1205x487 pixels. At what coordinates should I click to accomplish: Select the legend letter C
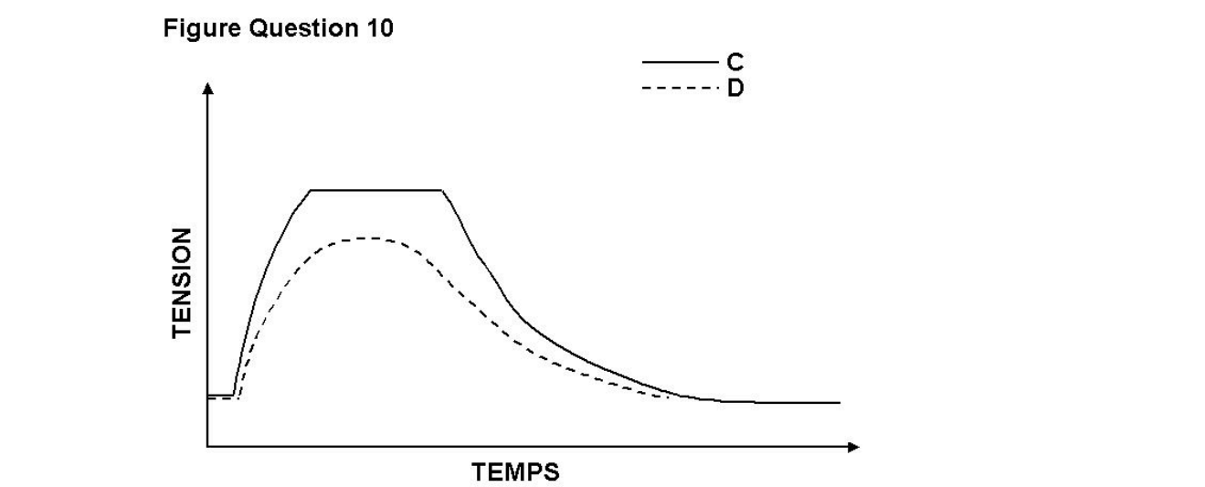coord(735,62)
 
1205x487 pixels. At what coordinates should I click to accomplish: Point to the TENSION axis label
coord(182,282)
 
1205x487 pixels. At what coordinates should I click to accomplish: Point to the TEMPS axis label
coord(516,472)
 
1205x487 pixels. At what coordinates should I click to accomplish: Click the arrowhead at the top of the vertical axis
coord(208,89)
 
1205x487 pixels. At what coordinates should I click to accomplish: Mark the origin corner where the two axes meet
coord(208,447)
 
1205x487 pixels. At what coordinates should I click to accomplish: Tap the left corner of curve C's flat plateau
coord(312,190)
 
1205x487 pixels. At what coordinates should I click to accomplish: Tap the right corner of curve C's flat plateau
coord(443,190)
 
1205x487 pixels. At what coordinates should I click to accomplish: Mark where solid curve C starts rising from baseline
coord(234,395)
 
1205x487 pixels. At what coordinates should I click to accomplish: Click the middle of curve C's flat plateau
coord(377,190)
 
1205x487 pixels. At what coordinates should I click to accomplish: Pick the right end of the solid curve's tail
coord(839,403)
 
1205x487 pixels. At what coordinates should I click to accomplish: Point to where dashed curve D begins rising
coord(238,397)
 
